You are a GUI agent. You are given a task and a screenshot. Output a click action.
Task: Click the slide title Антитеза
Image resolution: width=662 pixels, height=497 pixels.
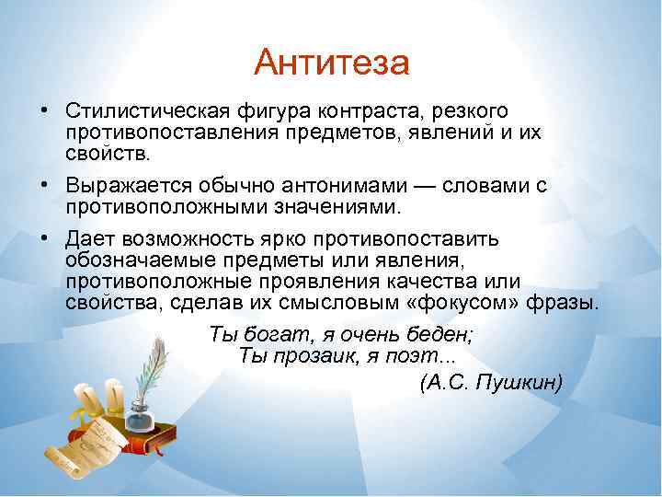tap(331, 64)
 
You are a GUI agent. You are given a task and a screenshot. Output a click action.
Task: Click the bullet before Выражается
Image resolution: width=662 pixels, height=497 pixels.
tap(44, 185)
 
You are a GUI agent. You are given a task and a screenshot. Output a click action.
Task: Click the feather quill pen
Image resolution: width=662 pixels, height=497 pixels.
tap(157, 368)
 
